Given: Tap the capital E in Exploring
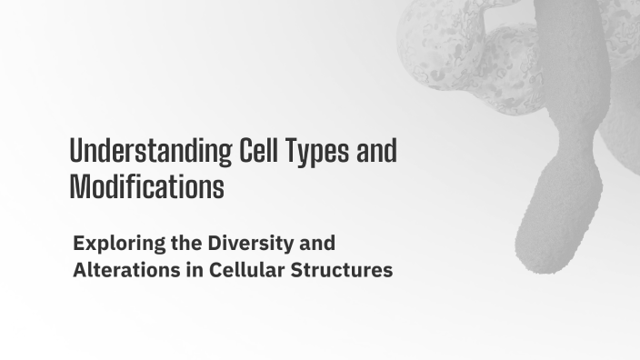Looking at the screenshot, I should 78,244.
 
